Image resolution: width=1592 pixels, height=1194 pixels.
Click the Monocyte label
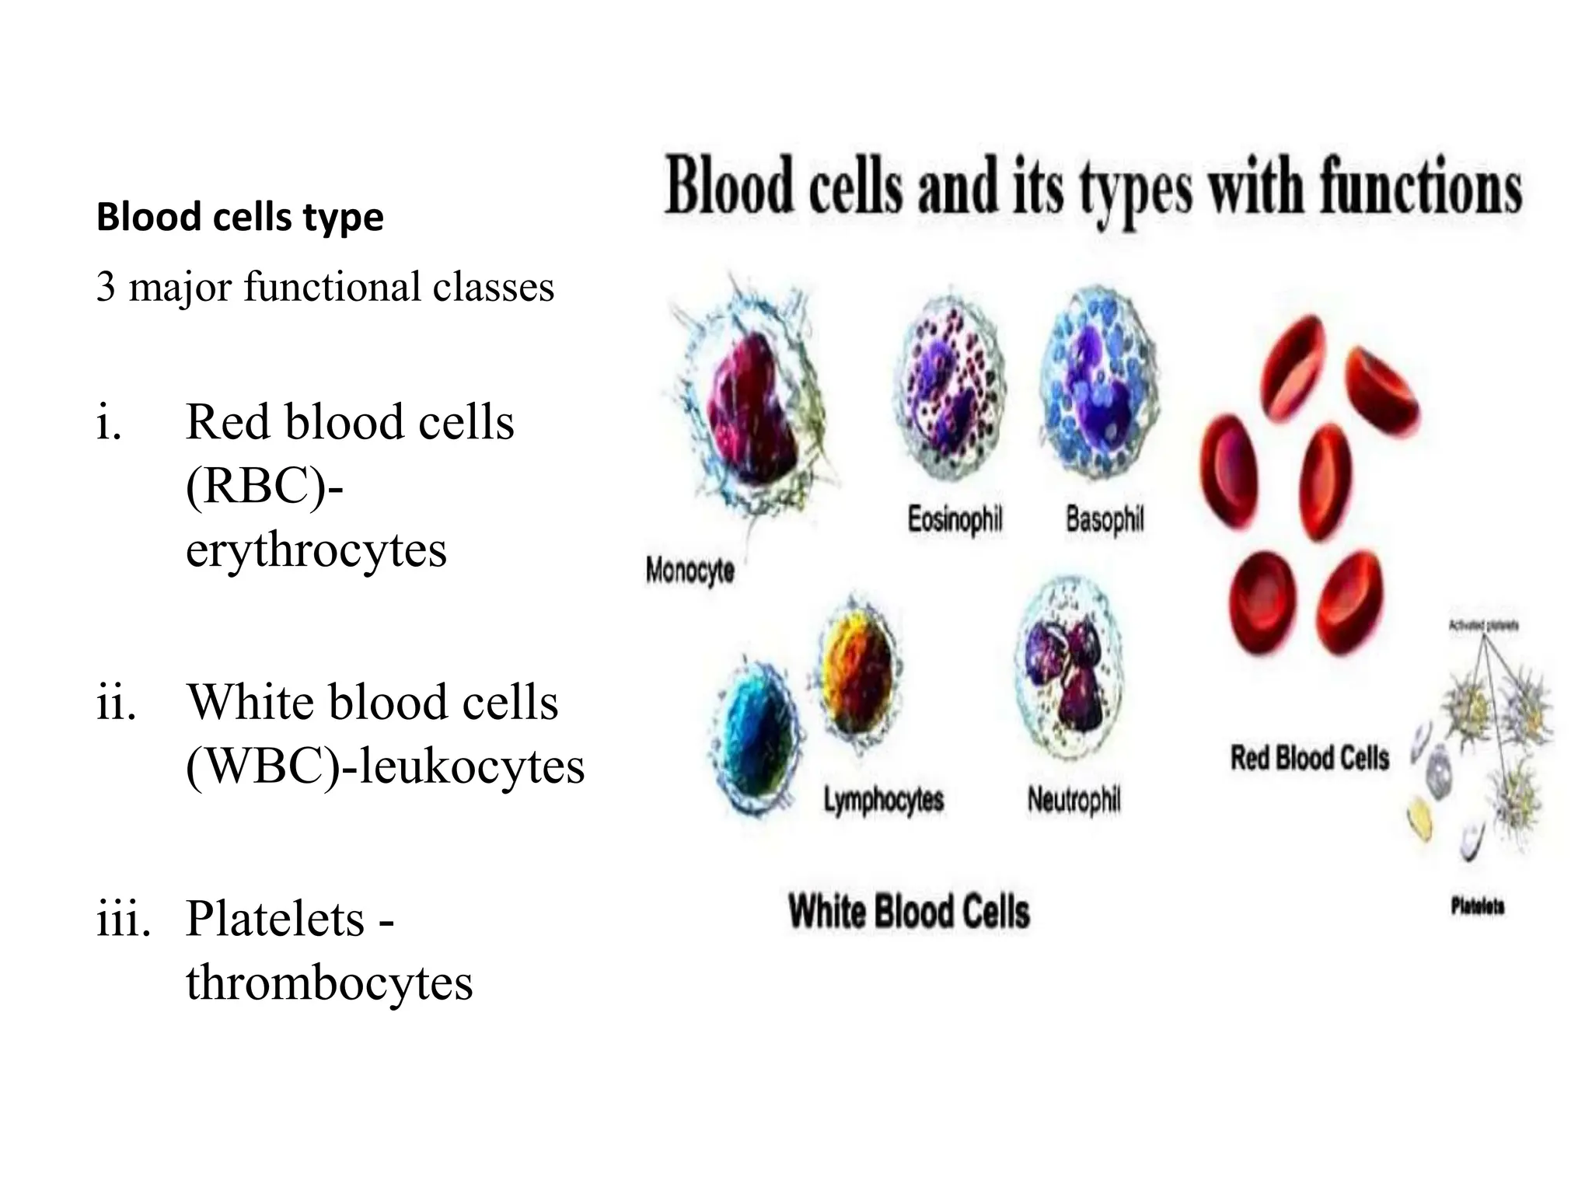(690, 571)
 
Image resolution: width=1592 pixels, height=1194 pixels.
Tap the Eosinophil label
(955, 518)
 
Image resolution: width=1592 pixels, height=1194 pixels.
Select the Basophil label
(1104, 518)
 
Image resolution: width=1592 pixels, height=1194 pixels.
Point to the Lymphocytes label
(884, 800)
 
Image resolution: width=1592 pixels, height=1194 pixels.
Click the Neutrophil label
(1074, 799)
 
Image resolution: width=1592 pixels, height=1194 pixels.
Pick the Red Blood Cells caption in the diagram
(1309, 758)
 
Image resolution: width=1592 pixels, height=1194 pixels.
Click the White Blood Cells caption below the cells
(909, 911)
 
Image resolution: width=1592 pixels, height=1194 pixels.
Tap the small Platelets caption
(1477, 906)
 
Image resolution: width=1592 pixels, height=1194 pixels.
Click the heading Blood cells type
(239, 217)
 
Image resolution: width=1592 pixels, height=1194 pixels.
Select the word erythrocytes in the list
(316, 550)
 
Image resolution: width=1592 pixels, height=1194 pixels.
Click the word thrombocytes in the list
(329, 982)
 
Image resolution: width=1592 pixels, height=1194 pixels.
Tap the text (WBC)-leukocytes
(385, 766)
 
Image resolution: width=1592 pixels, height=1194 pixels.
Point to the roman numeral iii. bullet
(123, 919)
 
